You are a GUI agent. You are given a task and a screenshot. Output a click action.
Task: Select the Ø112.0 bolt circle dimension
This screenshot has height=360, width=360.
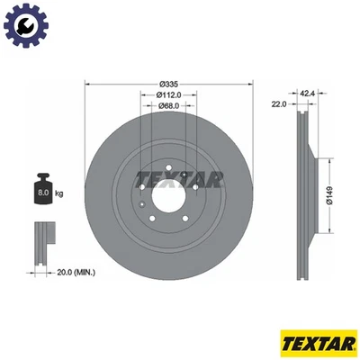point(169,94)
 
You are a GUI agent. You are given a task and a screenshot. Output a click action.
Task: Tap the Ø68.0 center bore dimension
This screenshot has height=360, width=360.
point(169,105)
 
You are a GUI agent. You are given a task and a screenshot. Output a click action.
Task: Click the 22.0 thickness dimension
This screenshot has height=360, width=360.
point(278,104)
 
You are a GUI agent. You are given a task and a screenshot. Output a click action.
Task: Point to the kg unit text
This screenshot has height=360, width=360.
point(59,193)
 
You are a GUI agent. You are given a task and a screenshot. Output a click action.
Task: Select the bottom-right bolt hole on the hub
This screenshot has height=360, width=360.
point(188,206)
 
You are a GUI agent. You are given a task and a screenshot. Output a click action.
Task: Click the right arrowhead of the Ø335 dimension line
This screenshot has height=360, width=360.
point(256,83)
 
